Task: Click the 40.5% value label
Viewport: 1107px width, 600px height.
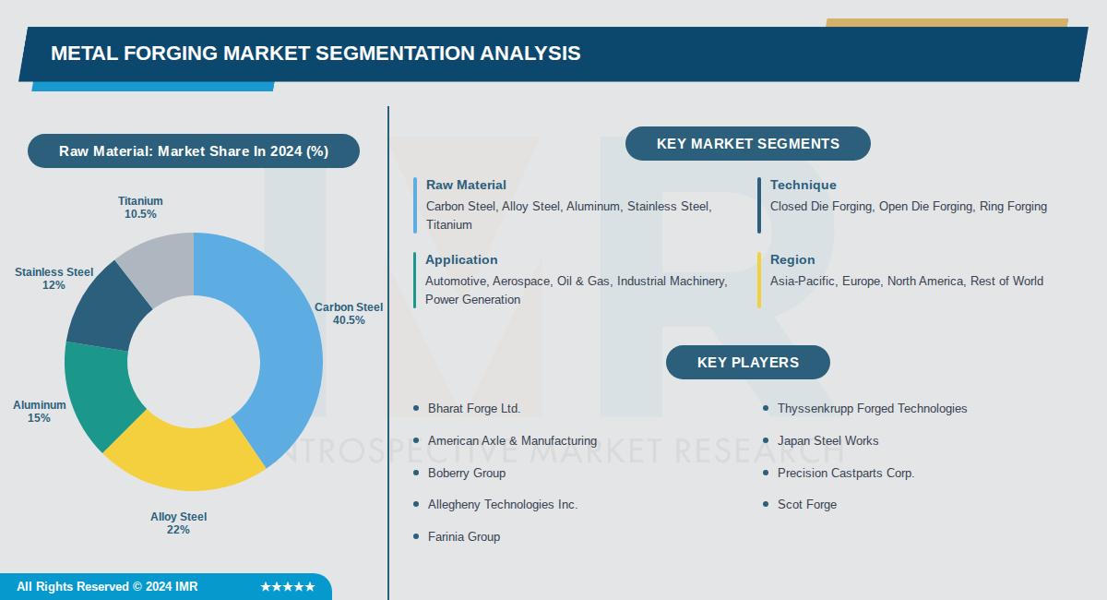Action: coord(349,320)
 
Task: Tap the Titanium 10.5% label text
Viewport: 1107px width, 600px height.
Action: coord(140,208)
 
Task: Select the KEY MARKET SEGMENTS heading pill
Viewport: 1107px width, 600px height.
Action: coord(747,144)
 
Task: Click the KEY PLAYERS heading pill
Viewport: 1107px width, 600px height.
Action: coord(747,363)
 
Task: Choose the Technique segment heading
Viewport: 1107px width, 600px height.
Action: coord(803,186)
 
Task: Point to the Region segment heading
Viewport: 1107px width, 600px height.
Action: coord(792,260)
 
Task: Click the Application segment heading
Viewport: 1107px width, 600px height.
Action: coord(461,260)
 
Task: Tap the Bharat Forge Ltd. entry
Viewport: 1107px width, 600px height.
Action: coord(474,408)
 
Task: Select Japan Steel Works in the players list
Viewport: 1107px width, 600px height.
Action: coord(827,440)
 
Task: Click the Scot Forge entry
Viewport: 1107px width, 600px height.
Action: coord(806,504)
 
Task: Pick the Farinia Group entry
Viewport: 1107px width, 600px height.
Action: coord(463,536)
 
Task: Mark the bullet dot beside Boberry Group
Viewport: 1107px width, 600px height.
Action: coord(416,473)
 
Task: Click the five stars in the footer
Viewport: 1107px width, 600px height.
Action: coord(287,587)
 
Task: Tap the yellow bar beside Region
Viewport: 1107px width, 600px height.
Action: coord(759,280)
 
